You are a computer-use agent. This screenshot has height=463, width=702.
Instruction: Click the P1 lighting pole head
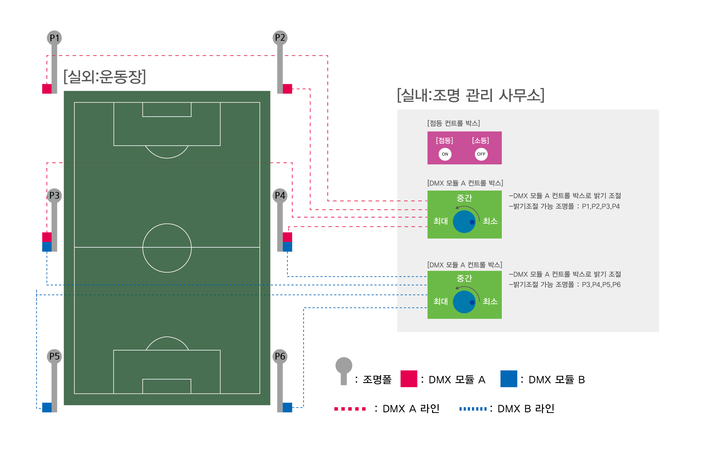pos(54,38)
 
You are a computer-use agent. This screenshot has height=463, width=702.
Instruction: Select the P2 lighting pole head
pos(280,38)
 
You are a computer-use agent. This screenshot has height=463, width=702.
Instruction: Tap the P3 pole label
pos(54,195)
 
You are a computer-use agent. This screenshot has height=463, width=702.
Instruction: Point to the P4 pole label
pos(280,195)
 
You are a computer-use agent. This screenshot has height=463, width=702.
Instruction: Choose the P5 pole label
pos(54,356)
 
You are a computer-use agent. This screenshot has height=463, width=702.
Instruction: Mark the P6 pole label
pos(280,356)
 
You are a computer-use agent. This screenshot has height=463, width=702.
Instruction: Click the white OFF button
pos(481,154)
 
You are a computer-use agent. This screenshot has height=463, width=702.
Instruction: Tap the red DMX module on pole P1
pos(47,89)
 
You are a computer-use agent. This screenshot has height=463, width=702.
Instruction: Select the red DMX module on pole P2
pos(287,89)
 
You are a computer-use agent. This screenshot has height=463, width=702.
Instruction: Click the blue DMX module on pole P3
pos(47,247)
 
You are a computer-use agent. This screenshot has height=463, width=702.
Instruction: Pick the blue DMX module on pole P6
pos(287,408)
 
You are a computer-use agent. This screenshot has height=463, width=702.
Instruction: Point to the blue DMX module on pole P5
pos(47,408)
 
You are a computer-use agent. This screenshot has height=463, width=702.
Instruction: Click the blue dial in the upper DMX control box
pos(464,222)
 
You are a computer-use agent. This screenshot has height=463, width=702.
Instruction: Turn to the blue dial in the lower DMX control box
pos(464,302)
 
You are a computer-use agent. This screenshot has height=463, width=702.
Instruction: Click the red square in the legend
pos(409,379)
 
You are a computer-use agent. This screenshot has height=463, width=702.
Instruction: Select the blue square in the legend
pos(509,379)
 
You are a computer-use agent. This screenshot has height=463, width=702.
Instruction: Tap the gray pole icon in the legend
pos(344,371)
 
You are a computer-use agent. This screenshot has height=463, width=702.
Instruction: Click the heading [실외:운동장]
pos(105,77)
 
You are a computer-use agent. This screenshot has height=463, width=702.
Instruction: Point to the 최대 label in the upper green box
pos(440,221)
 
